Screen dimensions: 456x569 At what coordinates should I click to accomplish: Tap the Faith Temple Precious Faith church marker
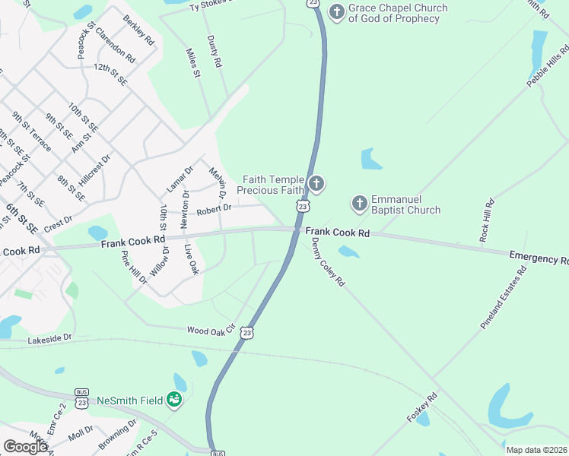click(316, 184)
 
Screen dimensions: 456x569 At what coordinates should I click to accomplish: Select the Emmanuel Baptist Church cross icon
click(359, 204)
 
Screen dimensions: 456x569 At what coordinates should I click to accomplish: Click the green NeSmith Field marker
click(174, 400)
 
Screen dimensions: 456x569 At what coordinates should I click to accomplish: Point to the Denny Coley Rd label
click(328, 261)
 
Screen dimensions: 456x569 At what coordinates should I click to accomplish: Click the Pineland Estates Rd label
click(503, 297)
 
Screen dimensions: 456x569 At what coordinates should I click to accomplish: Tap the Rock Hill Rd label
click(486, 220)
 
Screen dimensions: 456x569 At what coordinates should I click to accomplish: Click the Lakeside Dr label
click(49, 337)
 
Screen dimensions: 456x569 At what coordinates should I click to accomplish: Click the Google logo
click(26, 446)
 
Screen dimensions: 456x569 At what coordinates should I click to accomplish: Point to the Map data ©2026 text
click(536, 450)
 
